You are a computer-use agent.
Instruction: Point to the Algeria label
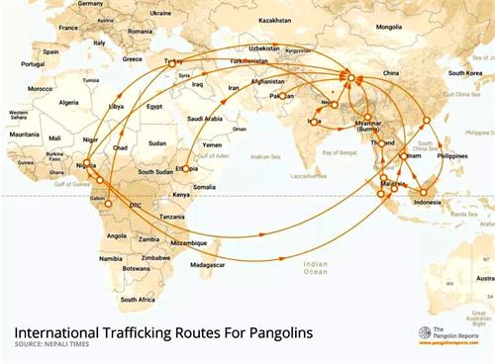tap(69, 102)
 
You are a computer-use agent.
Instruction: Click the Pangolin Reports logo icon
tap(424, 334)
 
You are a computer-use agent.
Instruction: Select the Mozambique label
tap(191, 240)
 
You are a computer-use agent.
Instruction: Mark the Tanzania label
tap(173, 217)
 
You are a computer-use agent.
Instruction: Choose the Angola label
tap(116, 235)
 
